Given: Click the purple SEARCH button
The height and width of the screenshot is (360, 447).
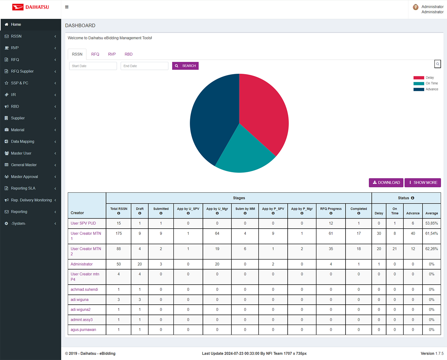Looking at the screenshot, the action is [x=185, y=66].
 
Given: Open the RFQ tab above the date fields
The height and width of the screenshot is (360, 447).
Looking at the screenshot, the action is [x=95, y=54].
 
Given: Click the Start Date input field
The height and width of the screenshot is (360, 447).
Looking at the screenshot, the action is [x=93, y=66].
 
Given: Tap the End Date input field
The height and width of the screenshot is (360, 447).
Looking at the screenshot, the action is [x=144, y=66].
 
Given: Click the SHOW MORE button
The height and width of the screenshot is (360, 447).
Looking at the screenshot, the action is [x=423, y=182].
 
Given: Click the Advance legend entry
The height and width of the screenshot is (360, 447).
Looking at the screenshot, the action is [x=426, y=89].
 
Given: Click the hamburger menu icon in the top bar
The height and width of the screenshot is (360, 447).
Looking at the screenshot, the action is [x=67, y=7].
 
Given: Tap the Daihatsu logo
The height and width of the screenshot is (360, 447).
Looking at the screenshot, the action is [x=30, y=7].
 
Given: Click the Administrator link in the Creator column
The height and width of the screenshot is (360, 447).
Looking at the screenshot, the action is [x=81, y=264].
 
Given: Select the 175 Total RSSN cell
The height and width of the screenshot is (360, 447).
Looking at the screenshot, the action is [x=118, y=233].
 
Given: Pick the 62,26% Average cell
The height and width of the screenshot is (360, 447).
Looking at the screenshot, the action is [x=432, y=249].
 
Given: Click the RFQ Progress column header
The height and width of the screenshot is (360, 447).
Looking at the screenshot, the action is [x=331, y=211].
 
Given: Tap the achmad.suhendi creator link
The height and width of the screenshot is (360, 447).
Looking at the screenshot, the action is [x=84, y=289].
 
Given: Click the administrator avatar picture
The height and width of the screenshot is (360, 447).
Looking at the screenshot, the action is [x=416, y=7].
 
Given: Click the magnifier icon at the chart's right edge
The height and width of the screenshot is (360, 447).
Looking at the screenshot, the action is [x=438, y=64].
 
